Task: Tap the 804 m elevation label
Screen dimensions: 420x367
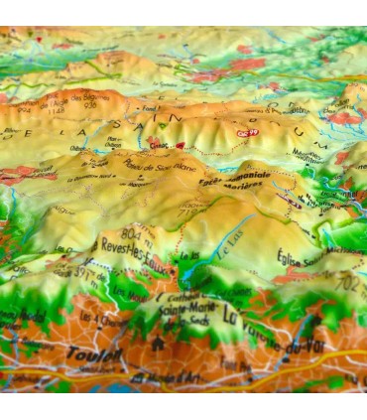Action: pyautogui.click(x=108, y=235)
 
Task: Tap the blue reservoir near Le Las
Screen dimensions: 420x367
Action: pyautogui.click(x=192, y=268)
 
